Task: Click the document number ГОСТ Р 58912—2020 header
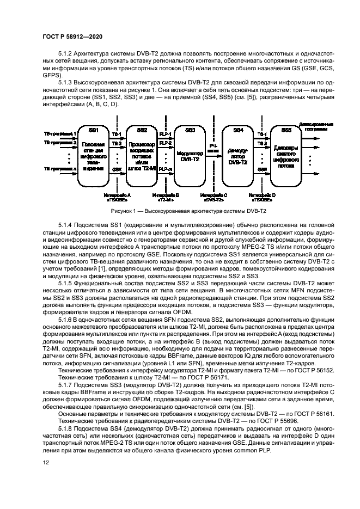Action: [x=72, y=36]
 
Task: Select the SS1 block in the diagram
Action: [x=94, y=155]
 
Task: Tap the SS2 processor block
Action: [x=142, y=155]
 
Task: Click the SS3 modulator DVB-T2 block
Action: [x=190, y=155]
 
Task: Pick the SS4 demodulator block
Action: [x=238, y=155]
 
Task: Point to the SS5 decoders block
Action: [x=286, y=155]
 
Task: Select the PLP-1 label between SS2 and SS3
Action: [x=166, y=134]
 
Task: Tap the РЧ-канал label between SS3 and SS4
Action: [x=213, y=148]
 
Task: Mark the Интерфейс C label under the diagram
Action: [x=213, y=196]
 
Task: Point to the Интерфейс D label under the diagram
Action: [x=262, y=196]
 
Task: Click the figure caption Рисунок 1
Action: [x=180, y=211]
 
